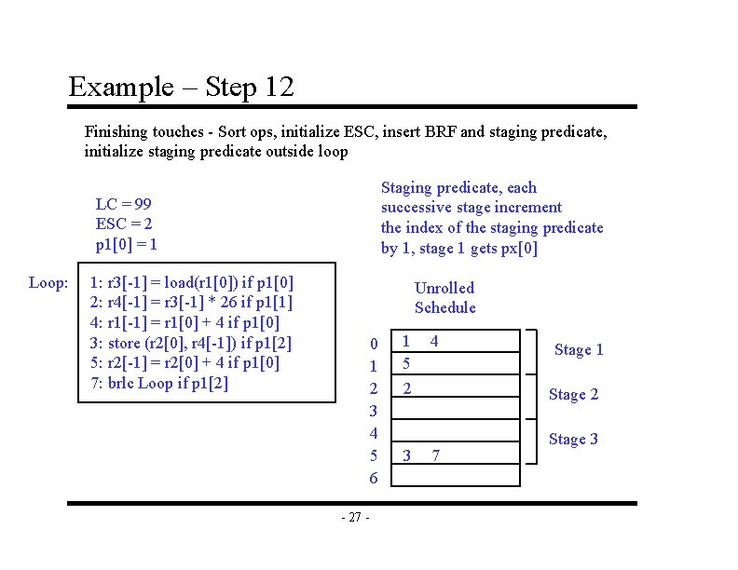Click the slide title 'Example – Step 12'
(182, 88)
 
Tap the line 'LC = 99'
(123, 204)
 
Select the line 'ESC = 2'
(124, 224)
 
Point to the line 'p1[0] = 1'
(127, 245)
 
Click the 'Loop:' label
(48, 281)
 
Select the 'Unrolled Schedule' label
(444, 298)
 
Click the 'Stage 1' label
(579, 350)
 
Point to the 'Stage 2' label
(573, 394)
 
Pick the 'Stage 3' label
(573, 439)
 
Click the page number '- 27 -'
(355, 518)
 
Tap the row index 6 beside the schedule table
(374, 478)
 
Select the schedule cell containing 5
(405, 363)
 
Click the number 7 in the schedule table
(435, 455)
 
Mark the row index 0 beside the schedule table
(374, 345)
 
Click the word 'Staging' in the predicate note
(407, 188)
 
